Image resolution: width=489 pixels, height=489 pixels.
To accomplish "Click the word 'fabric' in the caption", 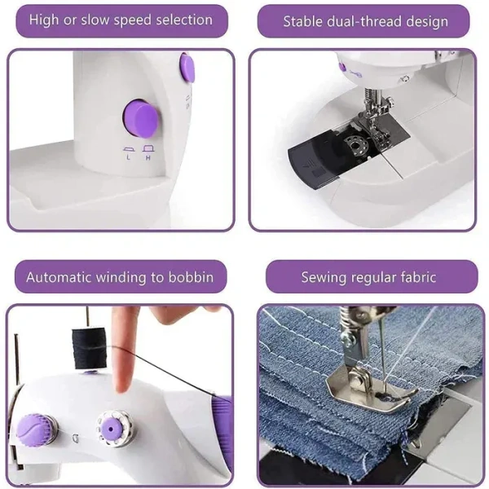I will [416, 278].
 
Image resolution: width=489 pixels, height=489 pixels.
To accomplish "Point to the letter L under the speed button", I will [128, 156].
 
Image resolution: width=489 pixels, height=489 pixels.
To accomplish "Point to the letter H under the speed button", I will [148, 156].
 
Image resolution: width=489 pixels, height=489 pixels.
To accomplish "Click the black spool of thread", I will [85, 341].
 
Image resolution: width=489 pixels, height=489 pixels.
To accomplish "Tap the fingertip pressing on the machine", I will [124, 381].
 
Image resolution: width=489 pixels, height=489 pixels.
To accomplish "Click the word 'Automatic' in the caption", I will [59, 278].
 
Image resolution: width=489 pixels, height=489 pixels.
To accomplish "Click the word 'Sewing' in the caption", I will [324, 278].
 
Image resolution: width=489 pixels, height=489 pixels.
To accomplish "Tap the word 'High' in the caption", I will [44, 20].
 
